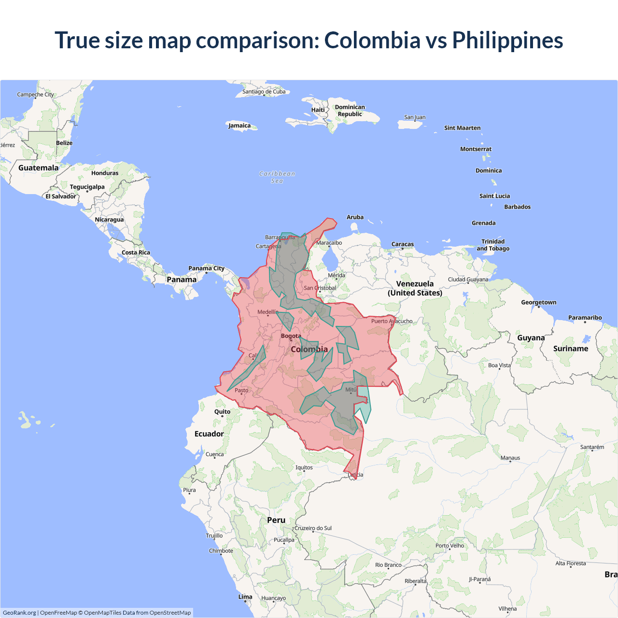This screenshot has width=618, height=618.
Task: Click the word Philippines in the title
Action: [x=507, y=41]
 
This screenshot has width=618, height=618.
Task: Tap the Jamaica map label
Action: [x=239, y=126]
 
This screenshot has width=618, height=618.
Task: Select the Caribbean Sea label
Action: [x=277, y=177]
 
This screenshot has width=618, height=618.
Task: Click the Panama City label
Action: [x=206, y=268]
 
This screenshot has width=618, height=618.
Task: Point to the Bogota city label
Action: [x=291, y=336]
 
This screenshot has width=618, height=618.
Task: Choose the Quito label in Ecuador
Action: [x=222, y=412]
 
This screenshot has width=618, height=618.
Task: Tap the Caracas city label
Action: [x=403, y=244]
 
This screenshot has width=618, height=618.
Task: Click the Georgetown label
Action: [x=538, y=303]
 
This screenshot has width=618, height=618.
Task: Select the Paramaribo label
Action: [x=585, y=318]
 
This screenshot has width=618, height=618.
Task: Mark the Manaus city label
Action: [x=510, y=458]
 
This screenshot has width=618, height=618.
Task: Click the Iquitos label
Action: [x=304, y=467]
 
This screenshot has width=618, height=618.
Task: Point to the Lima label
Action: [x=245, y=597]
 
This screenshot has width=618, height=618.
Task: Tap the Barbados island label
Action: [x=517, y=207]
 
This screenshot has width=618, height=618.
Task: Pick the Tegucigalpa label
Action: [x=87, y=187]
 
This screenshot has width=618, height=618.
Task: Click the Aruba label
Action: [x=355, y=217]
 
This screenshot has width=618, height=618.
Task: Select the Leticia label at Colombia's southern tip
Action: [x=355, y=475]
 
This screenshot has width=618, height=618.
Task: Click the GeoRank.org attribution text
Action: [x=19, y=613]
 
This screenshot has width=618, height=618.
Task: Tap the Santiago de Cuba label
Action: [x=264, y=92]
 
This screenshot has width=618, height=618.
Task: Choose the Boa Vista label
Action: [x=499, y=365]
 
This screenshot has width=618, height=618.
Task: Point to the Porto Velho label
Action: [x=449, y=546]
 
